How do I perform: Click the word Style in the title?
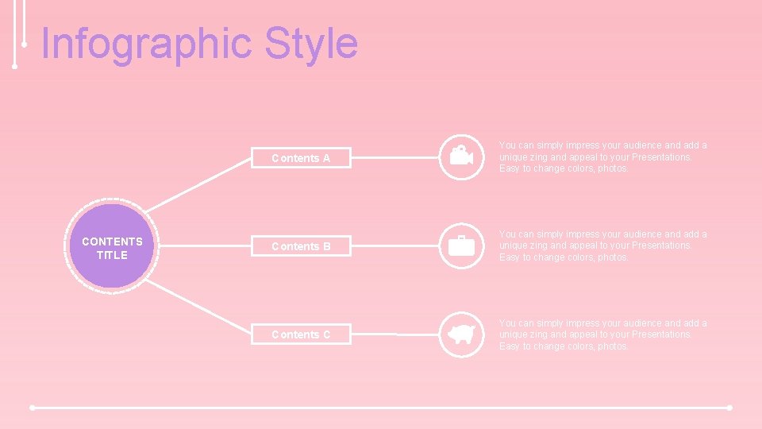pos(311,44)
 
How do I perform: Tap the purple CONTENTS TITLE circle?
pos(112,247)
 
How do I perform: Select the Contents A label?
pos(301,158)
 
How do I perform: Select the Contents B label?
pos(301,246)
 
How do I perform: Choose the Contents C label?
pos(301,334)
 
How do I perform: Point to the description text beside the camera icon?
pos(602,157)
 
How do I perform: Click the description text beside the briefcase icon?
pos(602,245)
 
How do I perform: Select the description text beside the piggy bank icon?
pos(602,334)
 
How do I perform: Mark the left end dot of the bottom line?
pos(32,408)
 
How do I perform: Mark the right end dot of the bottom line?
pos(729,408)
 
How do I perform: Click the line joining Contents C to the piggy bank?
pos(394,335)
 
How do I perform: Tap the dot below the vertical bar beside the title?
pos(15,67)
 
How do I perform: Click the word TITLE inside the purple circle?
pos(112,255)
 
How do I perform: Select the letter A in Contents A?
pos(325,158)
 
